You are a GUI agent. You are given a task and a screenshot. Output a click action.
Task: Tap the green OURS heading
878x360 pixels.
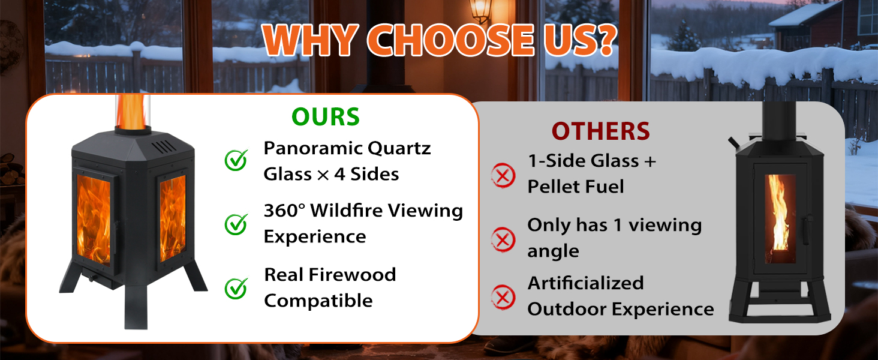pos(326,116)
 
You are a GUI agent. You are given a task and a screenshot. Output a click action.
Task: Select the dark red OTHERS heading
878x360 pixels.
pos(600,131)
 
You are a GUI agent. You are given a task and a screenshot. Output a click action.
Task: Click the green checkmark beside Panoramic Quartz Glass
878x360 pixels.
pos(236,160)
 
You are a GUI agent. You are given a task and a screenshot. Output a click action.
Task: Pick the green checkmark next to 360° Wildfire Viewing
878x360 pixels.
pos(236,224)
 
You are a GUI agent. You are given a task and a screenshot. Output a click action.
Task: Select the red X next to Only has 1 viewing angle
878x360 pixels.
pos(503,239)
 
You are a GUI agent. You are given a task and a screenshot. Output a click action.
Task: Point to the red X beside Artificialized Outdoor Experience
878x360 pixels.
pos(503,296)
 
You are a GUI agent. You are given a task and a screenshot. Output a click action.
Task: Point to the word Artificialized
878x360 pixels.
pos(585,283)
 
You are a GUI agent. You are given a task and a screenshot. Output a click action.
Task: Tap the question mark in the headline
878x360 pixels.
pos(602,41)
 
